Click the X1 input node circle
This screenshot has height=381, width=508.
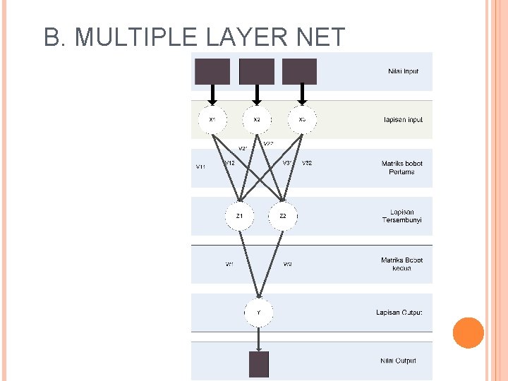pos(212,119)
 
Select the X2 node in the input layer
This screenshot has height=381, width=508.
pos(257,119)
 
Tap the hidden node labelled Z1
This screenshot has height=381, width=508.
pos(240,216)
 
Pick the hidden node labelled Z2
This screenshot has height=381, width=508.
pos(283,216)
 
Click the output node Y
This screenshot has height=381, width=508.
pos(259,312)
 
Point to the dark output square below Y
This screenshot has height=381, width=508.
pos(259,364)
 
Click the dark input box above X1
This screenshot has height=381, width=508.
pos(212,71)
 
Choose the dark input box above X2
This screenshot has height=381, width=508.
pos(257,71)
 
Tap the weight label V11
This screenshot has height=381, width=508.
pos(200,167)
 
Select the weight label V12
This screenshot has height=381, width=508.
pos(229,163)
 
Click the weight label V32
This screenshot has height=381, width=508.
pos(307,163)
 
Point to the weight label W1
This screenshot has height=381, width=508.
pos(229,265)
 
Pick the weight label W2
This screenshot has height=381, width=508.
pos(287,265)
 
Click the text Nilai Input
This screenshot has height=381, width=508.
pos(403,71)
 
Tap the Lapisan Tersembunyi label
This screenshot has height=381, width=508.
pos(401,216)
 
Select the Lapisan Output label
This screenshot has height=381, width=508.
pos(399,312)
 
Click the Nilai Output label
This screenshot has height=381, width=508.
pos(399,361)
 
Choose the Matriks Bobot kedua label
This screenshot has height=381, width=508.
pos(401,264)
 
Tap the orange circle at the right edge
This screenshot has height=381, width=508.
pos(468,333)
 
